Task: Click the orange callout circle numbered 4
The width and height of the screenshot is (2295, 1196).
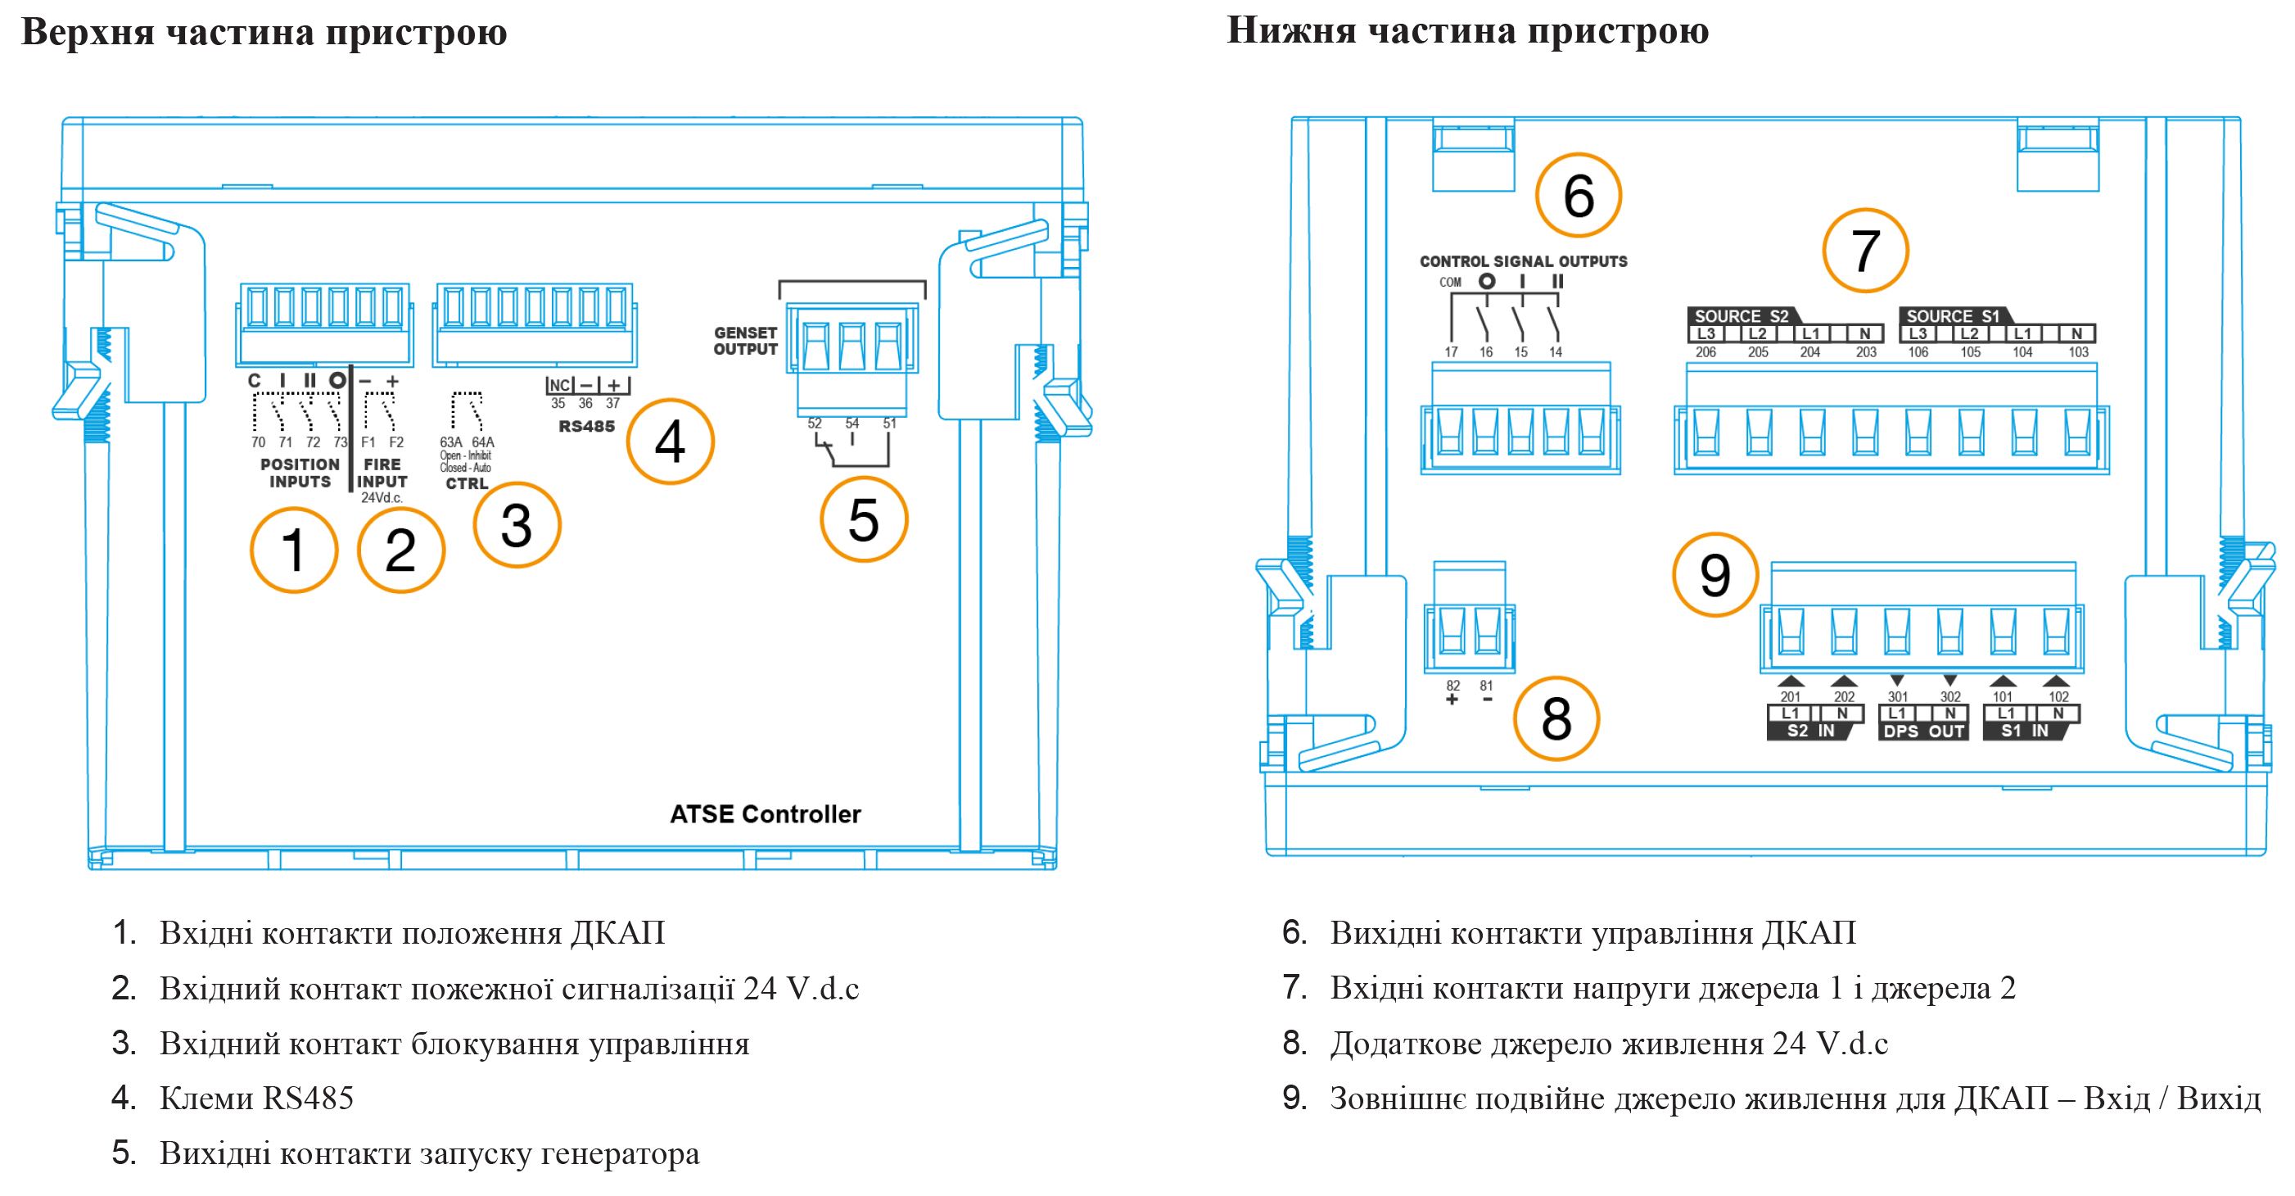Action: point(670,442)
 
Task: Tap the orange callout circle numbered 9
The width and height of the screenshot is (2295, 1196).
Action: point(1715,575)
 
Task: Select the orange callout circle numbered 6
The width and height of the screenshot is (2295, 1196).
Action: point(1578,195)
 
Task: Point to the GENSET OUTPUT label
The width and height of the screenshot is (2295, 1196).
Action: point(745,342)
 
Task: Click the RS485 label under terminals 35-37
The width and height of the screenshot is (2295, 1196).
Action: point(586,427)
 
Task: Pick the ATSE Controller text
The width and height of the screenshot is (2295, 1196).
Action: point(766,813)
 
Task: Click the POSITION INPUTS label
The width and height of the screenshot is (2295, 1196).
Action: point(300,473)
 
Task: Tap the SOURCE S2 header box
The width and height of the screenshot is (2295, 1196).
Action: point(1740,316)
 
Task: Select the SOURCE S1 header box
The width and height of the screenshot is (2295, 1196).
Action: point(1952,316)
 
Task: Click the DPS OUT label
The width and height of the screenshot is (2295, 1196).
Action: point(1923,731)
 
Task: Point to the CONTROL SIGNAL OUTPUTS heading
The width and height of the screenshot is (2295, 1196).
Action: point(1523,261)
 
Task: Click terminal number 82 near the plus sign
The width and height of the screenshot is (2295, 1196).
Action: point(1453,686)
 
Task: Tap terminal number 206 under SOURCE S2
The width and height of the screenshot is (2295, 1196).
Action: point(1705,352)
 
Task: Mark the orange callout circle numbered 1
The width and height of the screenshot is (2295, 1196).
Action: point(294,550)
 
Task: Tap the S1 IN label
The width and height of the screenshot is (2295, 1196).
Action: point(2024,731)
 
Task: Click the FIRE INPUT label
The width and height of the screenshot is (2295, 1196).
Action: point(382,473)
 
